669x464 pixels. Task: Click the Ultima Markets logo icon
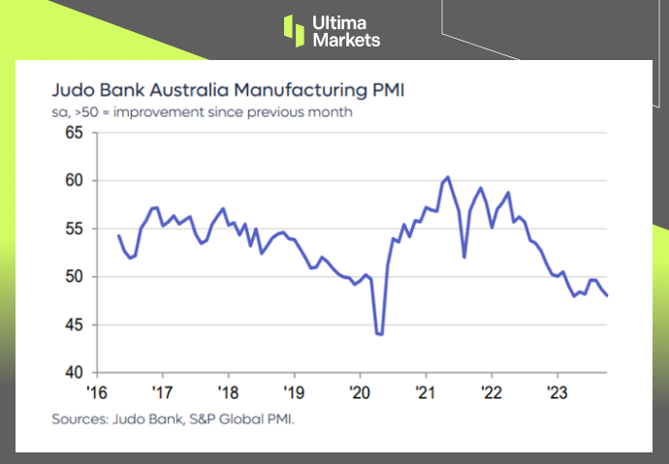coord(295,30)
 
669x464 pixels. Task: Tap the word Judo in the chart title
coord(71,92)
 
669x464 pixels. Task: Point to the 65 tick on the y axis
coord(73,132)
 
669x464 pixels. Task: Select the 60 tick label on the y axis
coord(73,180)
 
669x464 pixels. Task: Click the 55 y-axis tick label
coord(73,229)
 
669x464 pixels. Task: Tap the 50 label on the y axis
coord(73,277)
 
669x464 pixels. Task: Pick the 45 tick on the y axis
coord(73,325)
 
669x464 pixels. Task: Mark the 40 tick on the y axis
coord(73,373)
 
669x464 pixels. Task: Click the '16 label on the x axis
coord(96,391)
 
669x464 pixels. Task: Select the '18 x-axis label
coord(228,391)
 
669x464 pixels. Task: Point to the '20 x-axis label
coord(360,391)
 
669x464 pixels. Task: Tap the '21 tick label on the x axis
coord(426,391)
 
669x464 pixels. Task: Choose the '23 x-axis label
coord(557,391)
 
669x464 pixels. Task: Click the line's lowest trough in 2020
coord(379,334)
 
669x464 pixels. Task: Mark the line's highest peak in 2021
coord(447,177)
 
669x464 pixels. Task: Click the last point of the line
coord(608,295)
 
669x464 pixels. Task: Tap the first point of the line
coord(118,235)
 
